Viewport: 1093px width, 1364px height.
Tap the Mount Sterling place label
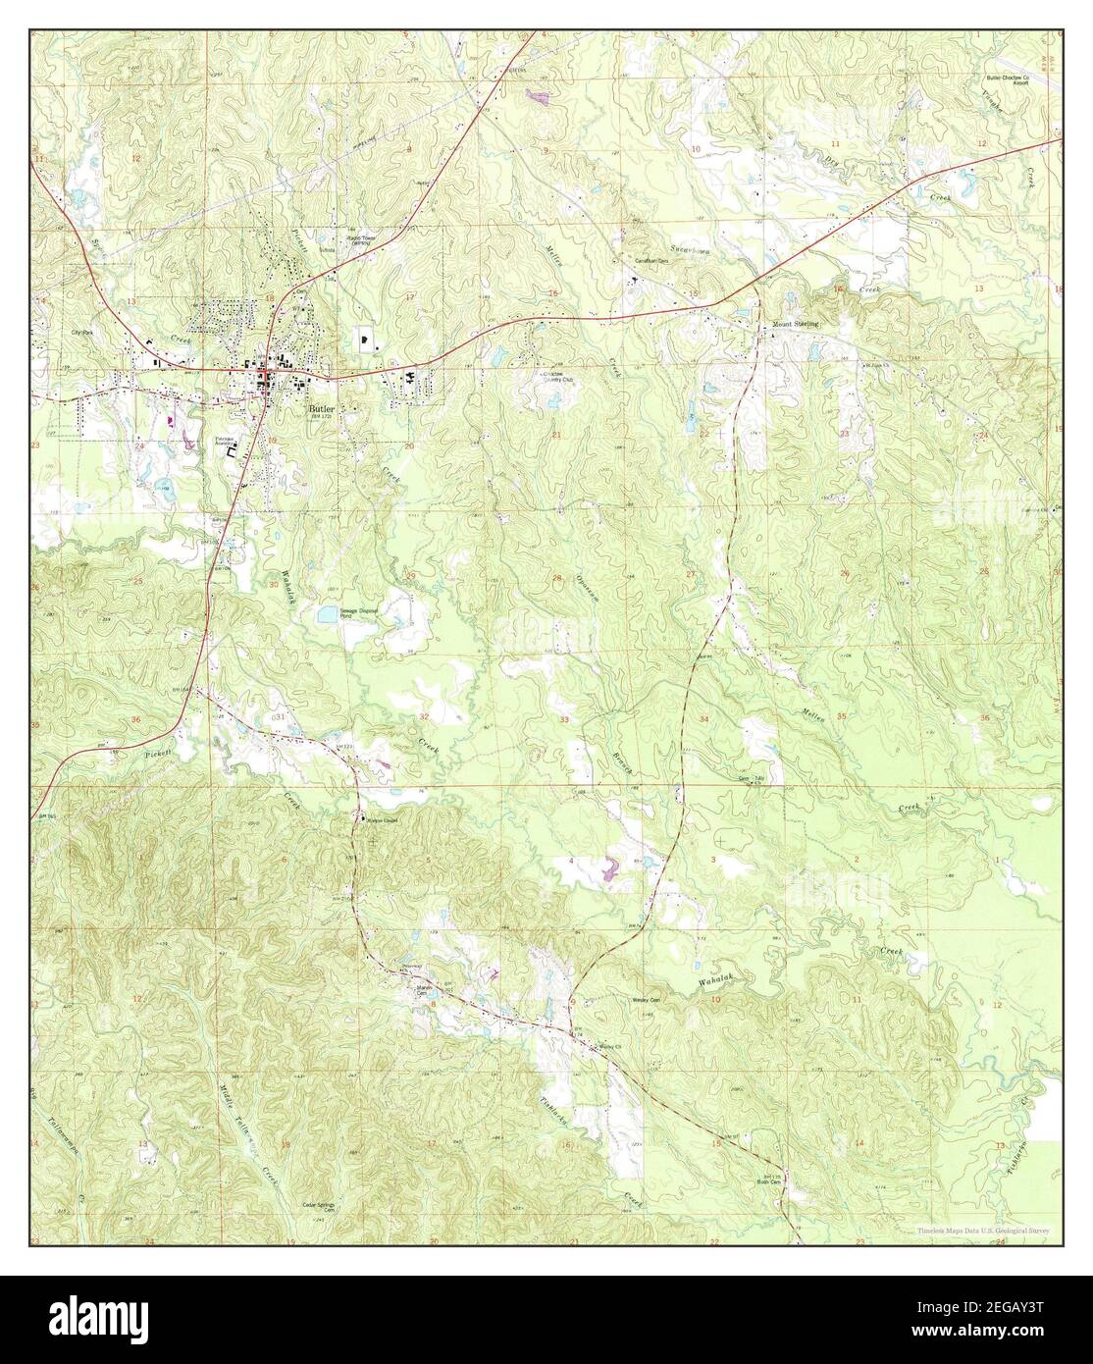[x=794, y=323]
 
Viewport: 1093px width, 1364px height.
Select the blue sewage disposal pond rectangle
[x=326, y=615]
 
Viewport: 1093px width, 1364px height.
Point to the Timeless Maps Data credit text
[x=985, y=1230]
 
